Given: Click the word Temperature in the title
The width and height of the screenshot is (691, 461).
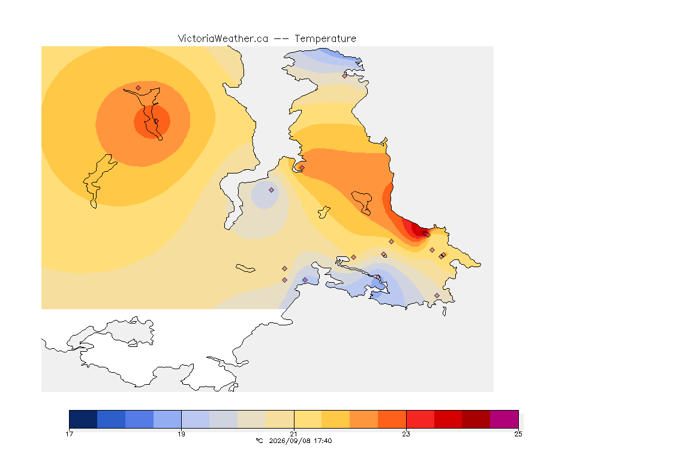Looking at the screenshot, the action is [x=325, y=39].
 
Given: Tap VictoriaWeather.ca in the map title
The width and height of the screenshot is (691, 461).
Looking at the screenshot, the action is [x=223, y=39].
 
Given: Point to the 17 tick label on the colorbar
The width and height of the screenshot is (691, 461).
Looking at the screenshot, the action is [x=69, y=434].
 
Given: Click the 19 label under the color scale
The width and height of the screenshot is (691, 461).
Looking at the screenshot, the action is [x=182, y=434].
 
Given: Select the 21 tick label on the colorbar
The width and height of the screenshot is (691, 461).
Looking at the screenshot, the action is [x=293, y=434].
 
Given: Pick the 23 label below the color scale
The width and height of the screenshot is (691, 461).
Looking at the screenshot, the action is [x=406, y=434].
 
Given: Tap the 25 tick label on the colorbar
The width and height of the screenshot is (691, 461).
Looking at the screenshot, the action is [x=518, y=434].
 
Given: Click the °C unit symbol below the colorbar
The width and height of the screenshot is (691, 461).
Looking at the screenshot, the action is [x=259, y=441].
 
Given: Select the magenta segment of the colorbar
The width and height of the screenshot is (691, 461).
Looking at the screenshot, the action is [x=504, y=419].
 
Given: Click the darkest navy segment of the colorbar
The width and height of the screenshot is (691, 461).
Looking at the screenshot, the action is [x=83, y=419].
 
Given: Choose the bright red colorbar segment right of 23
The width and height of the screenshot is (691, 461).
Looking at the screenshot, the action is [x=420, y=419].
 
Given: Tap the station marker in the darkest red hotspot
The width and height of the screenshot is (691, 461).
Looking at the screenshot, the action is [x=426, y=234].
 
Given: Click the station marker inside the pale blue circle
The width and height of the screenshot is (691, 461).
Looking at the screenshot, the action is [x=272, y=190].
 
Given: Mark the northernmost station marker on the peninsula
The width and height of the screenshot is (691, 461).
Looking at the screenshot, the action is [x=345, y=76].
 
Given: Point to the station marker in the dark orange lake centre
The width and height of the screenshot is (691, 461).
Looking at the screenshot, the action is [x=156, y=121].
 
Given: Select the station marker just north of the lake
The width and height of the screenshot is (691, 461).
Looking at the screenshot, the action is [x=139, y=88].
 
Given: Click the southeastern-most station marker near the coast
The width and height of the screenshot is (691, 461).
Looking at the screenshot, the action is [x=437, y=295].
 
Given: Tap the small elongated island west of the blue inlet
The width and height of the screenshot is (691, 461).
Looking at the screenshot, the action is [x=245, y=268].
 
